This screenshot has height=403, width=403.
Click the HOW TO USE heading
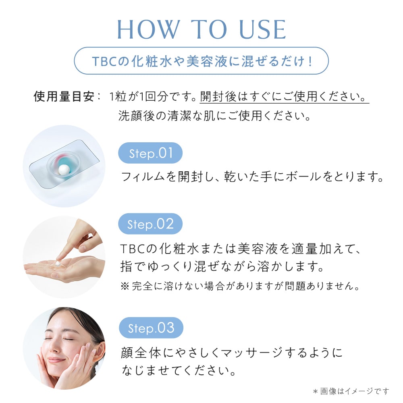tap(201, 29)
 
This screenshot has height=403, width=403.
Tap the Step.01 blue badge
tap(150, 154)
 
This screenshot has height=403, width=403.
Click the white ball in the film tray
tap(63, 172)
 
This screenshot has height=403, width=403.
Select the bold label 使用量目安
tap(64, 97)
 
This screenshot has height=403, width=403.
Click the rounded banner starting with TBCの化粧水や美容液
tap(201, 61)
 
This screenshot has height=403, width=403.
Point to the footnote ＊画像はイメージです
tap(351, 391)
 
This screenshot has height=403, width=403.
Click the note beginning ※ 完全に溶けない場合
tap(239, 287)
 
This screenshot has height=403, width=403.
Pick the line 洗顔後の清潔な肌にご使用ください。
tap(214, 116)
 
